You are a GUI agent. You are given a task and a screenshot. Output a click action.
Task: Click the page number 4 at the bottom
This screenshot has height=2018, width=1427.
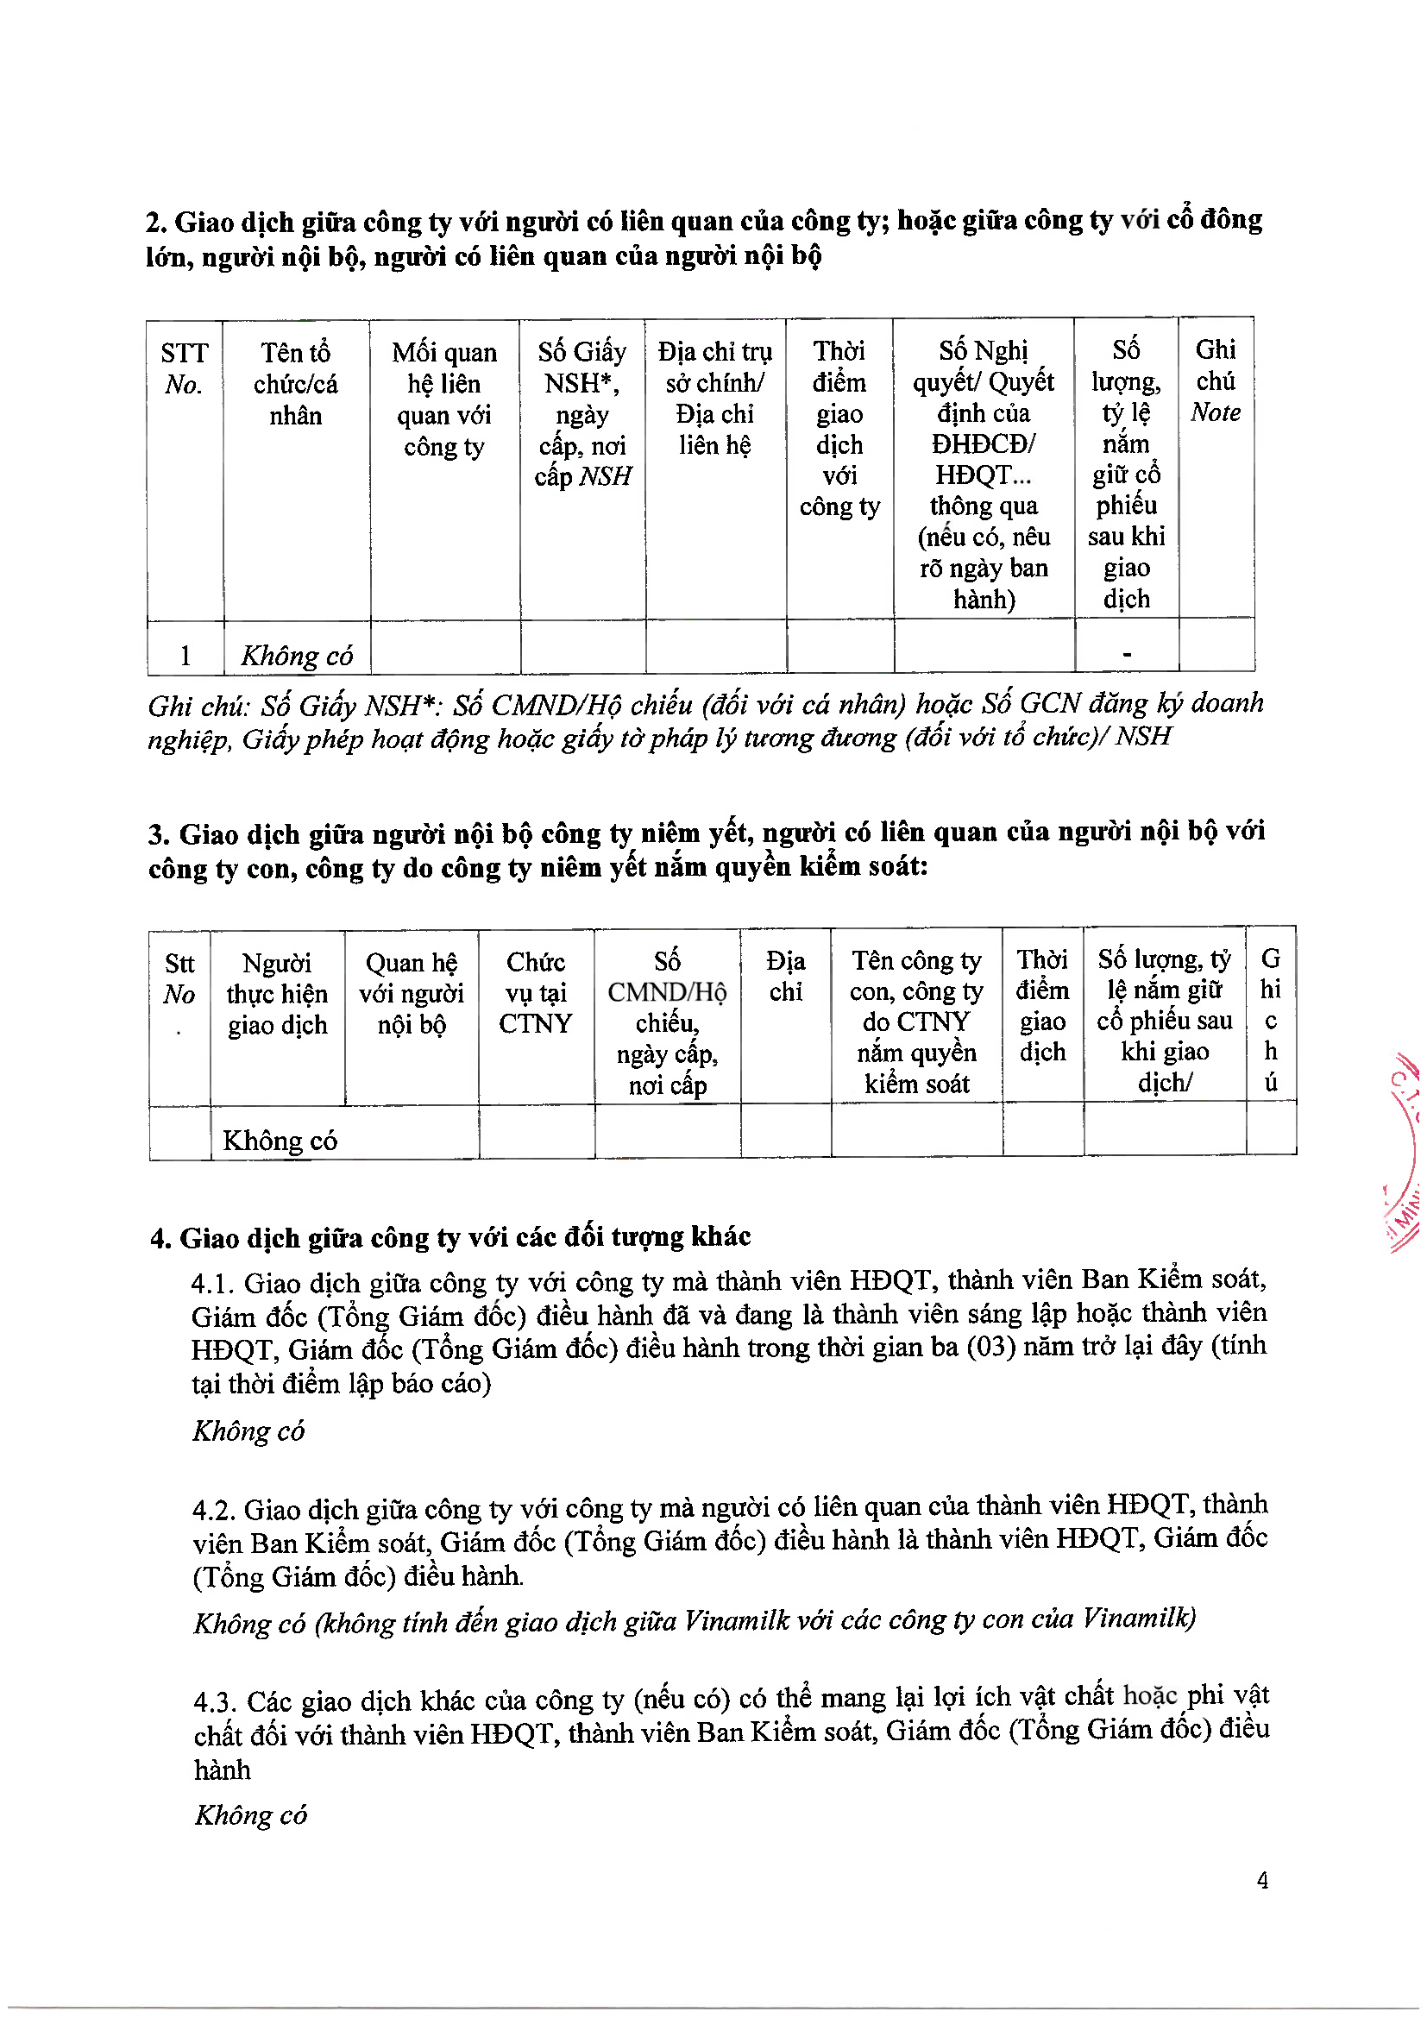click(x=1262, y=1880)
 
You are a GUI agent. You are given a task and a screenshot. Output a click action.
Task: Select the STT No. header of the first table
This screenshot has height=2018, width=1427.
click(x=184, y=368)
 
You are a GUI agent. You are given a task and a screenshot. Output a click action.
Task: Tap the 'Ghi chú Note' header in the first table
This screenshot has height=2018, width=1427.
click(x=1216, y=380)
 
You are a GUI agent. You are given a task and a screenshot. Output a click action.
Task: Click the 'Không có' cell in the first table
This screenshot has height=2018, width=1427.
click(x=296, y=656)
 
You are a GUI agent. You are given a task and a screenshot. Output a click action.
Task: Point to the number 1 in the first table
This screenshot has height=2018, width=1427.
click(x=185, y=656)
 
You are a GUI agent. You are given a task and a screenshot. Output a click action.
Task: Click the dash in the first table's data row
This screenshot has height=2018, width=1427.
click(x=1127, y=654)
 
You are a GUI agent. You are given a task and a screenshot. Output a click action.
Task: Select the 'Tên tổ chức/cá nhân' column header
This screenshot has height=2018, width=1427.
click(x=295, y=383)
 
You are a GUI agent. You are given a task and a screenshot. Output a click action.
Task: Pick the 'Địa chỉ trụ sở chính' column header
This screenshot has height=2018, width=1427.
click(x=714, y=398)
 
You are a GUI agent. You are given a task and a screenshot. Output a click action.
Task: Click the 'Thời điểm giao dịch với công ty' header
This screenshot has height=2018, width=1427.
click(x=839, y=428)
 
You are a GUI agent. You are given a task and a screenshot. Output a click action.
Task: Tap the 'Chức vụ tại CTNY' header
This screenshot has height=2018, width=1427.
click(x=535, y=992)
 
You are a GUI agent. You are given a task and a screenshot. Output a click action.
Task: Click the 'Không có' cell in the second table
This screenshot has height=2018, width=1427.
click(x=280, y=1140)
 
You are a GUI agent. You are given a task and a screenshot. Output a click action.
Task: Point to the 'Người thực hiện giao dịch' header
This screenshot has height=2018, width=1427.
click(x=277, y=993)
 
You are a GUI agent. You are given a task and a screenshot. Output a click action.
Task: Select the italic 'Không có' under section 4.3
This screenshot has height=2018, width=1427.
click(x=250, y=1814)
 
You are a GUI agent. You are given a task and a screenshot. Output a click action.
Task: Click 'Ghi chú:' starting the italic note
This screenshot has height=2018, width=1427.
click(x=198, y=706)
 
